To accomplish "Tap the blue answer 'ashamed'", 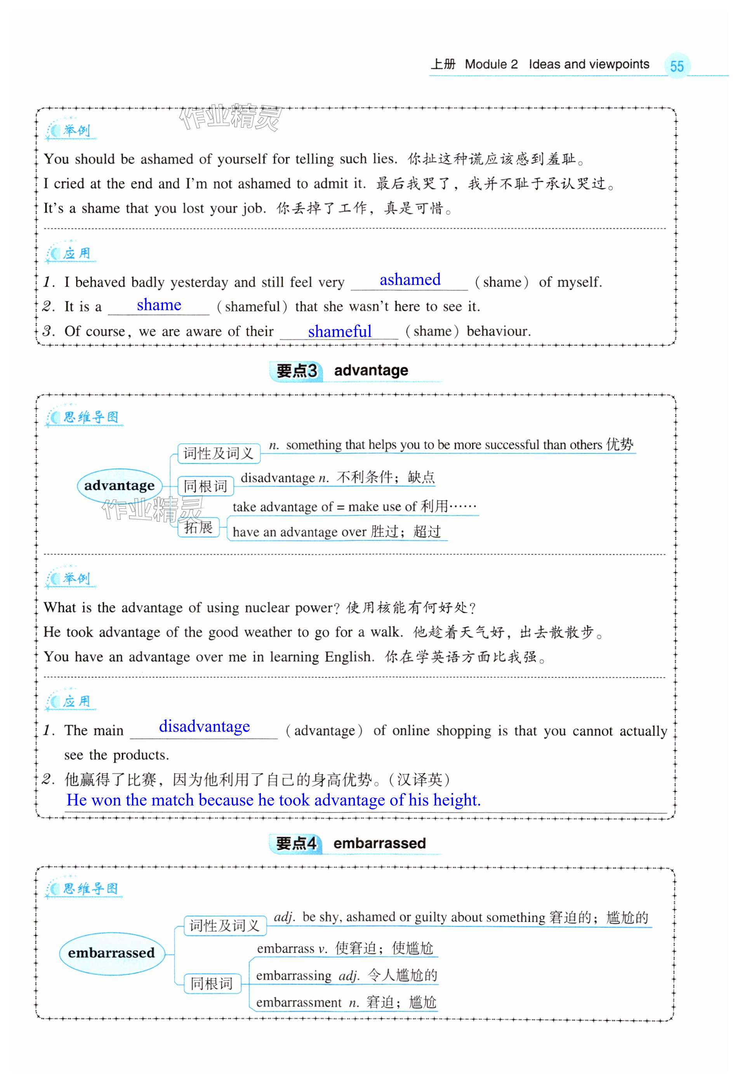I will point(410,279).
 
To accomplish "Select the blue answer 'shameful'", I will point(339,331).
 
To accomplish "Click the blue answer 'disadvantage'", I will point(204,727).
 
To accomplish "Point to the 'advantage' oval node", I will point(119,486).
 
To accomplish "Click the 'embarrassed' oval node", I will point(111,953).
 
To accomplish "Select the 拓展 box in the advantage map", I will point(198,528).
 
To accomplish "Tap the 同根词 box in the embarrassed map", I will point(212,983).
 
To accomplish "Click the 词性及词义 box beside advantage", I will point(218,453).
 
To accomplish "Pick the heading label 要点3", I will point(296,371).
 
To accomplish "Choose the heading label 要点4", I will point(296,843).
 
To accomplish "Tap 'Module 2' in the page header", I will point(491,64).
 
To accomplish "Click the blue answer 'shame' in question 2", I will point(159,305).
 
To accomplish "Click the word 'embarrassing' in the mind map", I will point(294,976).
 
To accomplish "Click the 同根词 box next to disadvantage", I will point(205,486).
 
